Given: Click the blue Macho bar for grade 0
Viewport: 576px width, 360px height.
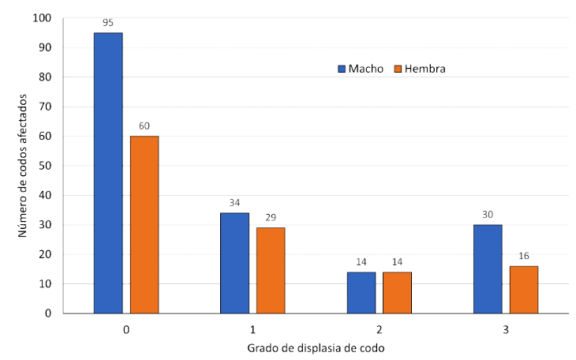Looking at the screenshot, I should tap(108, 173).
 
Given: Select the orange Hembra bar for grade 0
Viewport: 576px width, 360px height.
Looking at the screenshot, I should tap(144, 225).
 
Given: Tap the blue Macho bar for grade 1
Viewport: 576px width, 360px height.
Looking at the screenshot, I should tap(234, 263).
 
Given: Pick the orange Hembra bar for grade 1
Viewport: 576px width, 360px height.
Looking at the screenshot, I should tap(271, 271).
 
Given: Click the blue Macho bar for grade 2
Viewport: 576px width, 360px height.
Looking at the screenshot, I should tap(361, 293).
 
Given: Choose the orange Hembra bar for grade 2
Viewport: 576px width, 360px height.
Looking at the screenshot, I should tap(397, 293).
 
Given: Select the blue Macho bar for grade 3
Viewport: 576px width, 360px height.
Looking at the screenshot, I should tap(488, 269).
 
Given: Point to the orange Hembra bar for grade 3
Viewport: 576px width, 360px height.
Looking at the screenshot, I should tap(524, 290).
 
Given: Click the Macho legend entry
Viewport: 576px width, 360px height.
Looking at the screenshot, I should tap(361, 69).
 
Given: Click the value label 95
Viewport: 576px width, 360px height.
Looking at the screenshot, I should tap(108, 22).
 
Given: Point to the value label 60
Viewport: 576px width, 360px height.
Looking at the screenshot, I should tap(144, 126).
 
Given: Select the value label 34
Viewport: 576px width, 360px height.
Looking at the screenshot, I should tap(234, 202).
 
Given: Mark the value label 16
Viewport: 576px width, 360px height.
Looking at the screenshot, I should tap(524, 256).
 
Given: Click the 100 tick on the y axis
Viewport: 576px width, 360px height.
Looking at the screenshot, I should tap(43, 18).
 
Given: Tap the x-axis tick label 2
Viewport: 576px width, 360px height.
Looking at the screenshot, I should tap(380, 328).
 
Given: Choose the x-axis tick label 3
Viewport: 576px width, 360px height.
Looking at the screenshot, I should tap(506, 328).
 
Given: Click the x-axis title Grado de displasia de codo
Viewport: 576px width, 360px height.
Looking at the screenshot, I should tap(316, 348).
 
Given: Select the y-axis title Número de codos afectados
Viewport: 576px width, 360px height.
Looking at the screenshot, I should tap(23, 166).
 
